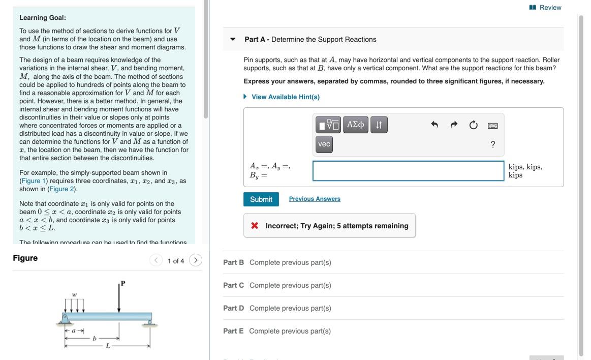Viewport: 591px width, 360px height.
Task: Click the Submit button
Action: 261,199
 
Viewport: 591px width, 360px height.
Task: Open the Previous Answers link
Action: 315,199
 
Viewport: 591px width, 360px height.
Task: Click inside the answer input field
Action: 408,171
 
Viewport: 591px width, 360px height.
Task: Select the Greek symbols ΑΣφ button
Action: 356,125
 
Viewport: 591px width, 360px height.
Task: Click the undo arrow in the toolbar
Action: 434,125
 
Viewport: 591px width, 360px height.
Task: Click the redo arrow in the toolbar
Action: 454,125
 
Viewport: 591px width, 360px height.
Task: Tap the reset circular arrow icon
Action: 474,125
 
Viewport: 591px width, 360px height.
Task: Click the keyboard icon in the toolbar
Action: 493,126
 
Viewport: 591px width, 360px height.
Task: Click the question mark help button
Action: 493,145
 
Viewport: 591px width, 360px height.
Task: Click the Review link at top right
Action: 545,8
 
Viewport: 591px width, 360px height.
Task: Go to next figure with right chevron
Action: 195,260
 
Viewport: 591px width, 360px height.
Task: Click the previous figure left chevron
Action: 156,260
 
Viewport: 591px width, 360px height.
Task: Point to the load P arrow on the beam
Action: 119,297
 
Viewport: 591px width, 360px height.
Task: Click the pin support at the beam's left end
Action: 65,319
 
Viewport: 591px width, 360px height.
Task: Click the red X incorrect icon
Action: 255,226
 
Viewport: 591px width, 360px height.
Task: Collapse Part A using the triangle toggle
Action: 233,39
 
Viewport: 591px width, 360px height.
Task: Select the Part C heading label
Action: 233,285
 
